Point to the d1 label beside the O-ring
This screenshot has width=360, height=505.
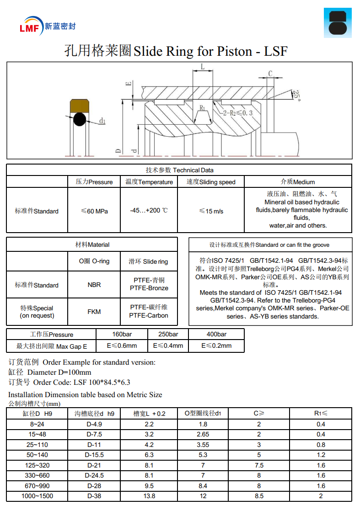click(x=102, y=121)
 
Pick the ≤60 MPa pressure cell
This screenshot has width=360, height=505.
click(x=94, y=211)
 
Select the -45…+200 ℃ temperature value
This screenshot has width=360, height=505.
click(x=149, y=211)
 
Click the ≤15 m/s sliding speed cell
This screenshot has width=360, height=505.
click(x=211, y=211)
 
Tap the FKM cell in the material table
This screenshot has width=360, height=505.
click(x=94, y=312)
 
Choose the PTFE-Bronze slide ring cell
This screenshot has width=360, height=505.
click(x=149, y=284)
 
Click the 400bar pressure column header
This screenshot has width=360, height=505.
click(x=216, y=334)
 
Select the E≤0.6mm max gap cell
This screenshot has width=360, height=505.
click(x=122, y=346)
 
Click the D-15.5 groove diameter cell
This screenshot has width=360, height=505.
click(x=95, y=455)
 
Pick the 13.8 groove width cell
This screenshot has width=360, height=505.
click(x=149, y=496)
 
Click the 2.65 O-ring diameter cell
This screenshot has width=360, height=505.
click(x=203, y=434)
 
